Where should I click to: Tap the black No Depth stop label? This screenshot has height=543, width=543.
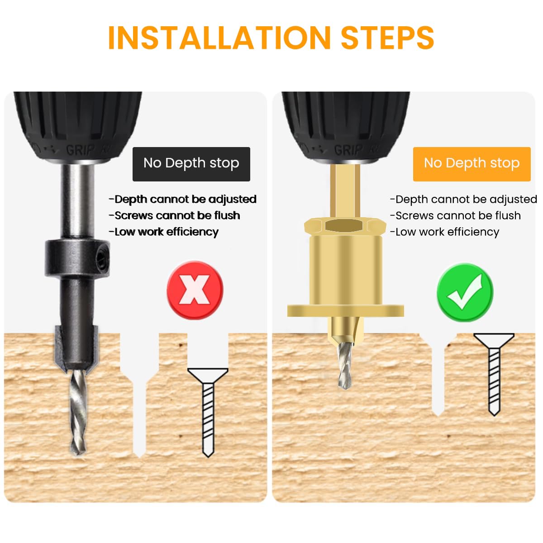coord(191,164)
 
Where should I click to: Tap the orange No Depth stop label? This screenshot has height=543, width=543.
coord(472,164)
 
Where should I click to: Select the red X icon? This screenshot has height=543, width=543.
coord(195,290)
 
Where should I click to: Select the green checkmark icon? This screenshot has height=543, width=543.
coord(465,292)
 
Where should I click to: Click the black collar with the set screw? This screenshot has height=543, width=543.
coord(77,259)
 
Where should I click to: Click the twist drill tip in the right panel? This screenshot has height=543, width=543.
coord(345,367)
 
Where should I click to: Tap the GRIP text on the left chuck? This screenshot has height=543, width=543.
coord(81,149)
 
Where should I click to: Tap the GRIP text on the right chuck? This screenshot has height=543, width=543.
coord(349,149)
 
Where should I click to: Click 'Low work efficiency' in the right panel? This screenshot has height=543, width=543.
coord(447,232)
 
